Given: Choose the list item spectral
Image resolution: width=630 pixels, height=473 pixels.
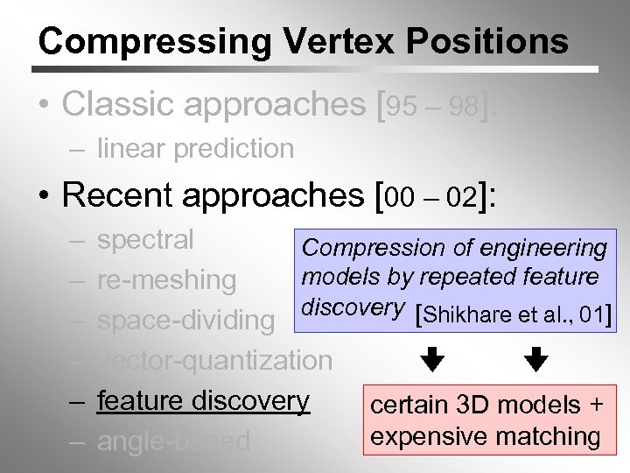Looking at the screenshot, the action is (x=146, y=240).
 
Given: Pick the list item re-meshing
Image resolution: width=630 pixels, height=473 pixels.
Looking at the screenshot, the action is (x=167, y=280).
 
